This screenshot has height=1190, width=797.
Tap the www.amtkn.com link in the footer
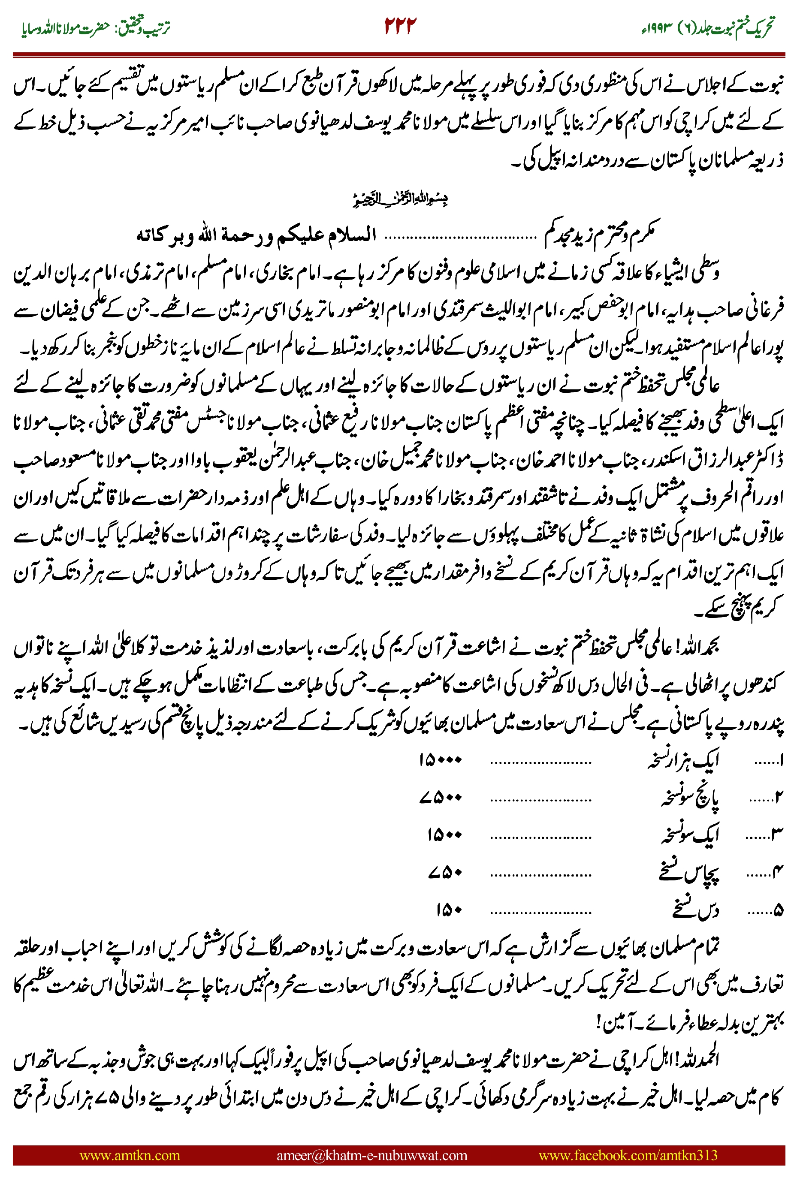[x=130, y=1155]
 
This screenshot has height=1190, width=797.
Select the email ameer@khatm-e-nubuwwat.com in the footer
[x=371, y=1155]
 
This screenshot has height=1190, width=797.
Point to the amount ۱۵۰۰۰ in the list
[x=440, y=760]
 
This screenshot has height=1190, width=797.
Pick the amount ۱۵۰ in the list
[x=448, y=910]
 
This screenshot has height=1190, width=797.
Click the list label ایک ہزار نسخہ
[x=683, y=761]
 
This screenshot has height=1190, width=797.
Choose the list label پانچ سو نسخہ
[x=689, y=798]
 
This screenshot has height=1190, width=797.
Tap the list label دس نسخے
[x=695, y=910]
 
